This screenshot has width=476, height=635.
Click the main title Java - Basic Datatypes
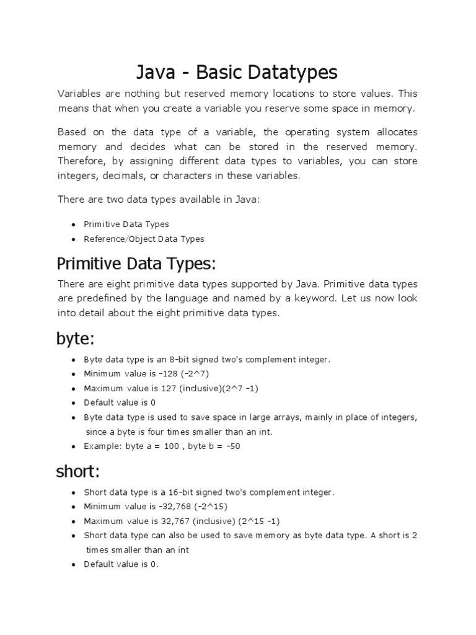237,72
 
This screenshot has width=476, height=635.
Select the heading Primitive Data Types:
136,264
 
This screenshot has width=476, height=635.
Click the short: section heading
78,471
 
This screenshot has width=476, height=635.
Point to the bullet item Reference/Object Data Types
144,239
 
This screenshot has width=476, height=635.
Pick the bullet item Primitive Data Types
126,224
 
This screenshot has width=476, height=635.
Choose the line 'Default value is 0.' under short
121,564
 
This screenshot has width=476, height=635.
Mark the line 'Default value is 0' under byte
120,402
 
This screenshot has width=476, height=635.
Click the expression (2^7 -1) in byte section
236,388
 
